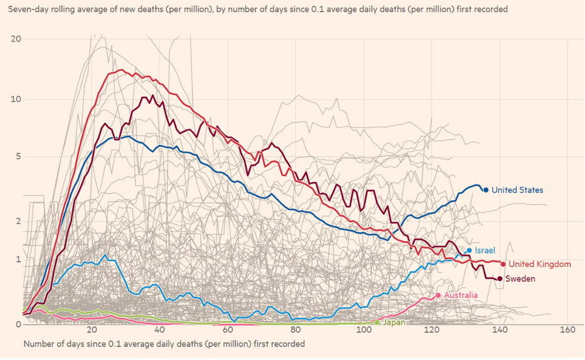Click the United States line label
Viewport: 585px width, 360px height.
[517, 190]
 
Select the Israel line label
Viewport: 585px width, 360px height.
[485, 250]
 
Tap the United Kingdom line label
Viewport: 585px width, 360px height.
[539, 264]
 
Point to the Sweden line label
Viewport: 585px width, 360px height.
[520, 279]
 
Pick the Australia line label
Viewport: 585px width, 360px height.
[461, 296]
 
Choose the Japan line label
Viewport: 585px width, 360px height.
[395, 322]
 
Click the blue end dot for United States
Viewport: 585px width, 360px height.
[486, 190]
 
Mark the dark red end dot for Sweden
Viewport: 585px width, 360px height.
[499, 279]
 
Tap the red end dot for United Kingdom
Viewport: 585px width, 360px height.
[503, 264]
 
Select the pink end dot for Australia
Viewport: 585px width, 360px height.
[438, 295]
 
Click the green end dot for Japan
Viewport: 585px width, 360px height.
[378, 322]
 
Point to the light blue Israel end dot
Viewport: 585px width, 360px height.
[469, 250]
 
